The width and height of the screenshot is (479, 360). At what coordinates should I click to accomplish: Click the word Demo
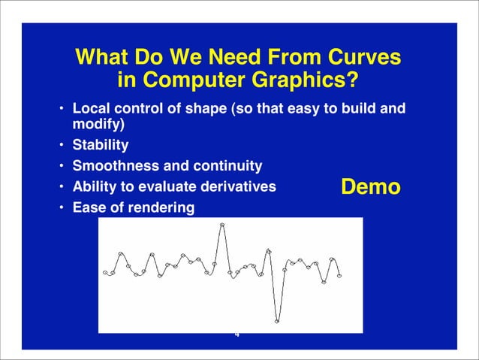click(x=371, y=187)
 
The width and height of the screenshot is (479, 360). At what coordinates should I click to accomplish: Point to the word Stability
click(x=100, y=144)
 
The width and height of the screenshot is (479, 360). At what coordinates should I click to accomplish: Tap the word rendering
click(x=161, y=207)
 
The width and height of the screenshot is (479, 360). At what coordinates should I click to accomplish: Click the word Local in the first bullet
click(x=90, y=110)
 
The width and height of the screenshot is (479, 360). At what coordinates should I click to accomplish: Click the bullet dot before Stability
click(x=62, y=144)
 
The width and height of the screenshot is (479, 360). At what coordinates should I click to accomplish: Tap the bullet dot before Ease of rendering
click(x=62, y=207)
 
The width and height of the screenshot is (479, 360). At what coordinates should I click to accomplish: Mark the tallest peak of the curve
click(x=221, y=225)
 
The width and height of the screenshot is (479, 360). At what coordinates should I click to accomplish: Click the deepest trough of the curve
click(x=277, y=321)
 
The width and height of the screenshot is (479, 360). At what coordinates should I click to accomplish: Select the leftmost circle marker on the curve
click(x=106, y=273)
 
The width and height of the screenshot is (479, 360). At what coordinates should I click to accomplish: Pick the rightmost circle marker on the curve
click(x=339, y=276)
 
